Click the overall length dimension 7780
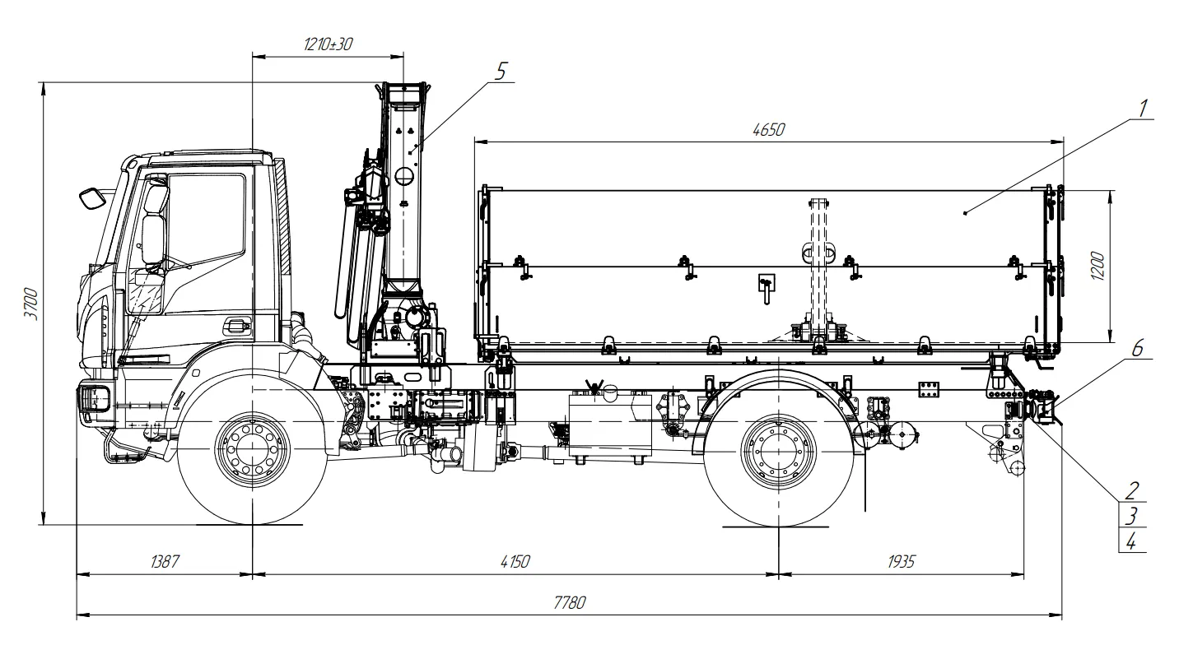click(x=570, y=602)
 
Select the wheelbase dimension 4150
click(x=515, y=561)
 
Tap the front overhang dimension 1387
click(x=164, y=561)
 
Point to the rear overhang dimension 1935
click(x=901, y=561)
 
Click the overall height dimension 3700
click(x=30, y=304)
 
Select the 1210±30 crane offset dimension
click(x=328, y=44)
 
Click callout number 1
click(x=1143, y=108)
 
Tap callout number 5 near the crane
click(x=501, y=71)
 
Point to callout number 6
click(x=1137, y=347)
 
